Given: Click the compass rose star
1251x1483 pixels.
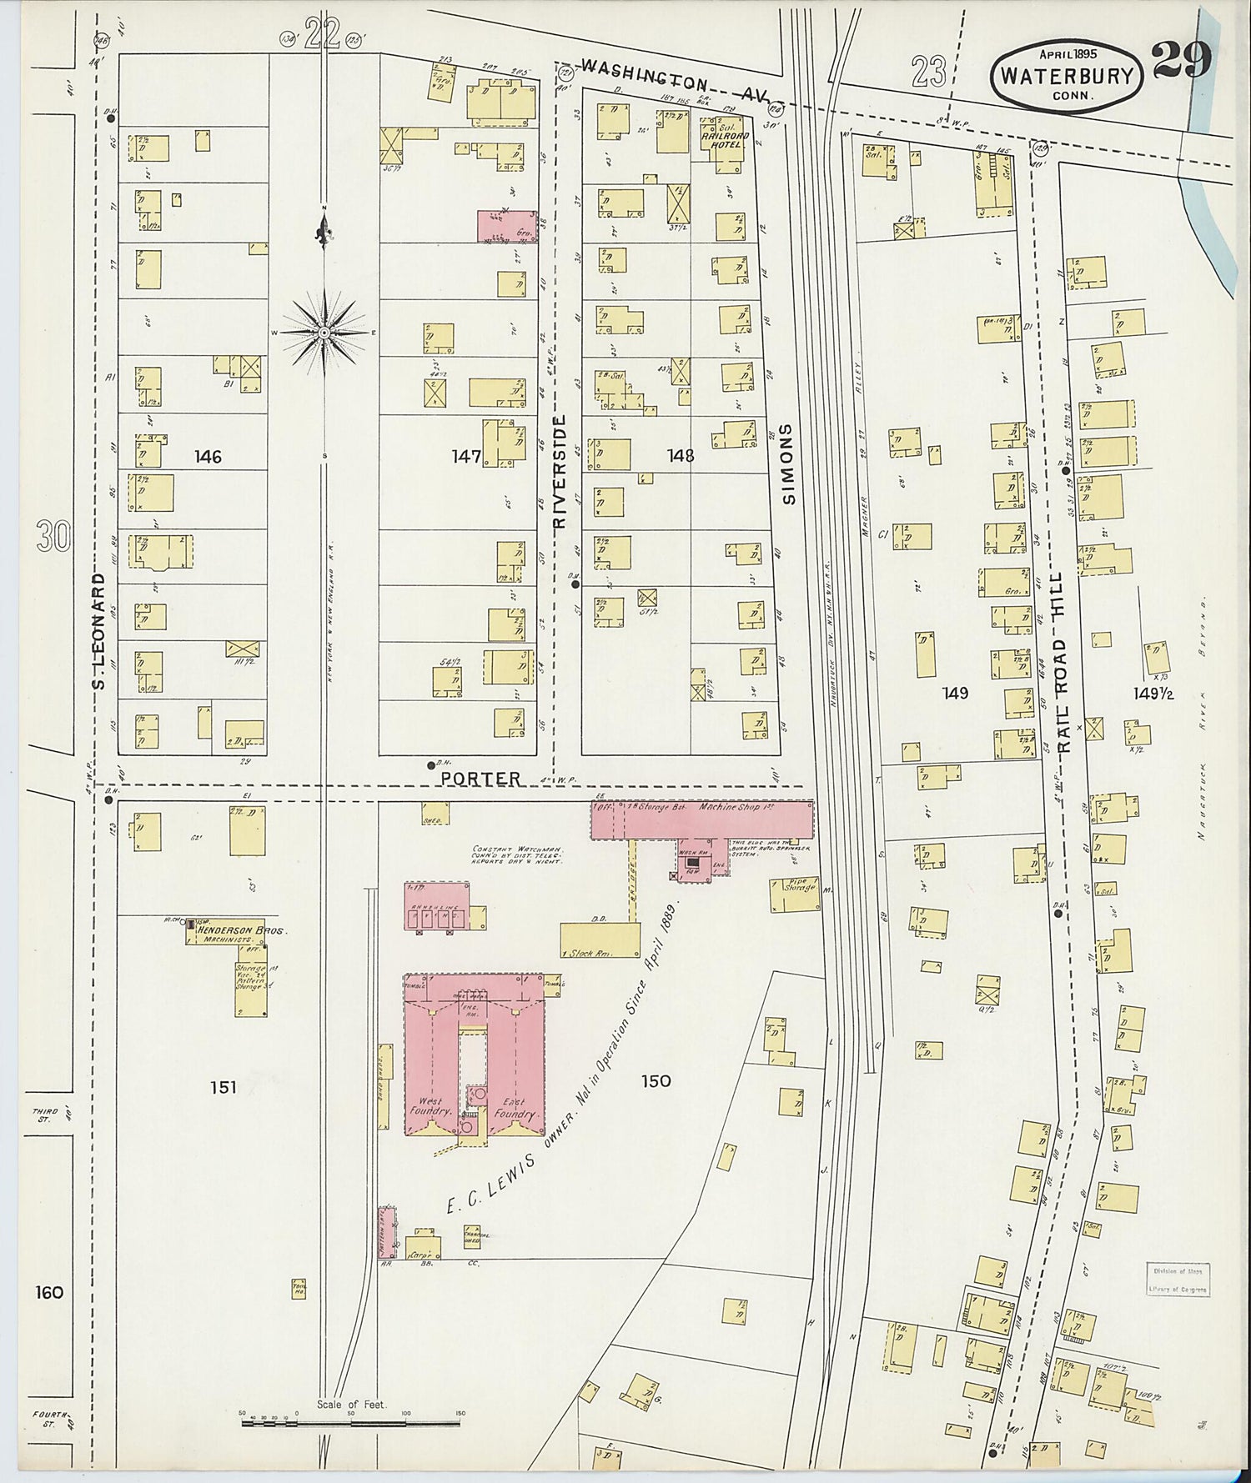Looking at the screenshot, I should (324, 332).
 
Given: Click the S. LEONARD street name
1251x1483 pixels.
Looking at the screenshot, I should (98, 631).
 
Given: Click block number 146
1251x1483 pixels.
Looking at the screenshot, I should (208, 456).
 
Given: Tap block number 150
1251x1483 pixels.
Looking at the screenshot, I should (656, 1080).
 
